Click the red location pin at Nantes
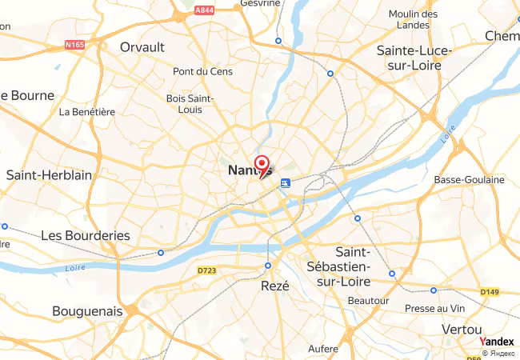pyautogui.click(x=261, y=162)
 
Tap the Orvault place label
pyautogui.click(x=142, y=47)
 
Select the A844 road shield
pyautogui.click(x=204, y=10)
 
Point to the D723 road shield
pyautogui.click(x=206, y=271)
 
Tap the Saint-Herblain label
pyautogui.click(x=49, y=175)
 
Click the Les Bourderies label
pyautogui.click(x=85, y=235)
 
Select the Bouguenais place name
pyautogui.click(x=87, y=310)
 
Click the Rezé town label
pyautogui.click(x=274, y=285)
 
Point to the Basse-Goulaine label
pyautogui.click(x=469, y=180)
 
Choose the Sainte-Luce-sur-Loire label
pyautogui.click(x=414, y=58)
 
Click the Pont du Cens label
pyautogui.click(x=202, y=71)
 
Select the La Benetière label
pyautogui.click(x=87, y=112)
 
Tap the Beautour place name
pyautogui.click(x=369, y=301)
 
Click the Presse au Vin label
pyautogui.click(x=434, y=308)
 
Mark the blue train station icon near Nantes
pyautogui.click(x=285, y=183)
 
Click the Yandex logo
pyautogui.click(x=496, y=342)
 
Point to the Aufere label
pyautogui.click(x=323, y=349)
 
